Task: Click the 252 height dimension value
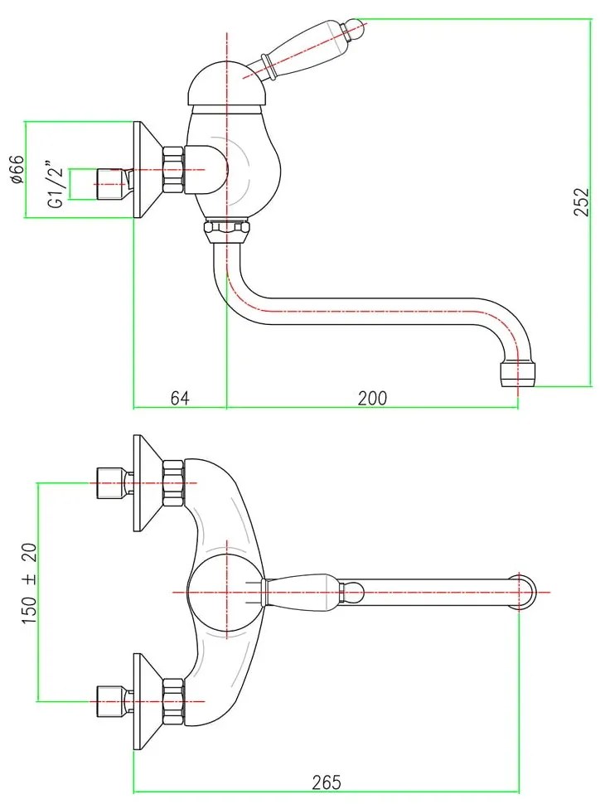click(x=582, y=201)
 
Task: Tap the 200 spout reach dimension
click(x=372, y=398)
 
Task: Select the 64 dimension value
click(x=180, y=398)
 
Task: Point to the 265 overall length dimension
click(x=327, y=781)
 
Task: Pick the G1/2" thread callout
click(x=55, y=184)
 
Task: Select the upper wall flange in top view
click(x=147, y=483)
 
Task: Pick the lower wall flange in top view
click(x=147, y=689)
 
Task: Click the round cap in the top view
click(x=225, y=591)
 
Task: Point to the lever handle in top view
click(x=311, y=591)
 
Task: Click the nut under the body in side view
click(x=225, y=229)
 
